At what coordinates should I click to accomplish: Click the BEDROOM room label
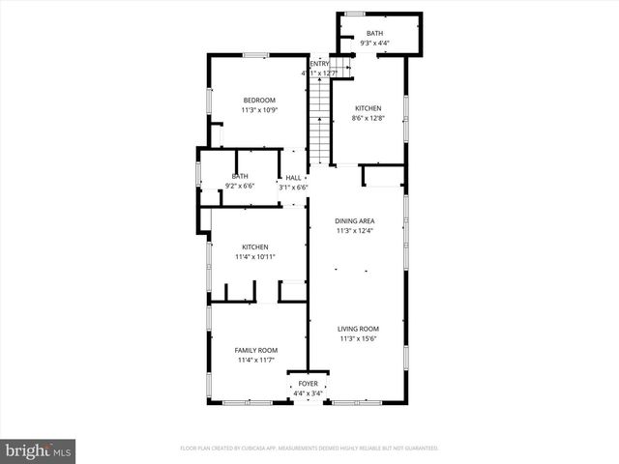tap(258, 101)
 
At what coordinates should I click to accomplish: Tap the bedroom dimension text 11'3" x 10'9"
tap(258, 110)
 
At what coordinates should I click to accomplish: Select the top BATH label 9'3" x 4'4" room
tap(374, 34)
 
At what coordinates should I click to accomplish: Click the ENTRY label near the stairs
tap(319, 64)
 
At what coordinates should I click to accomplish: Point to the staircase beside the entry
tap(318, 121)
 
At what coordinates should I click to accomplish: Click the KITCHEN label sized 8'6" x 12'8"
tap(368, 108)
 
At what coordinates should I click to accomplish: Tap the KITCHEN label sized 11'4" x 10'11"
tap(255, 247)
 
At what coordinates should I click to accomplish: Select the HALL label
tap(293, 178)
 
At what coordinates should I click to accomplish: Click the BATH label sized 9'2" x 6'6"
tap(239, 176)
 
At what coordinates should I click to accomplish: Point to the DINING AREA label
tap(355, 221)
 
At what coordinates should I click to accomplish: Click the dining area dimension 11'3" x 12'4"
tap(355, 231)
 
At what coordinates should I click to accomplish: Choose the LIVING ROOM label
tap(359, 329)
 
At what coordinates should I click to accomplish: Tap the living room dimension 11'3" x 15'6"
tap(359, 338)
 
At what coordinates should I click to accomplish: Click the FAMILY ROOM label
tap(256, 350)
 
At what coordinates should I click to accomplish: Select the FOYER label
tap(308, 384)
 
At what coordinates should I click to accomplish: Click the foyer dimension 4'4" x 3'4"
tap(308, 392)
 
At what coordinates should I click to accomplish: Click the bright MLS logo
tap(39, 450)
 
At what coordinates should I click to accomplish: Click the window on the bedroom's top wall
tap(255, 55)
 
